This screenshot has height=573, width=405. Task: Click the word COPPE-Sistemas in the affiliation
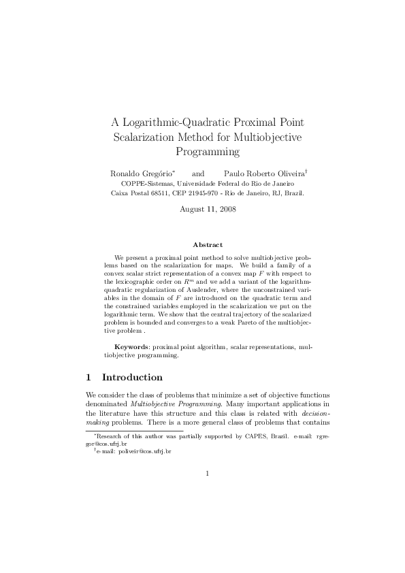point(144,184)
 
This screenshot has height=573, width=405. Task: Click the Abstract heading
point(208,244)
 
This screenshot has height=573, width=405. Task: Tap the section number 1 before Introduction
point(89,377)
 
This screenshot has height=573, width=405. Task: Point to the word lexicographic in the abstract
point(141,280)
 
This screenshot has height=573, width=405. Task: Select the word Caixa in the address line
point(120,193)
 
